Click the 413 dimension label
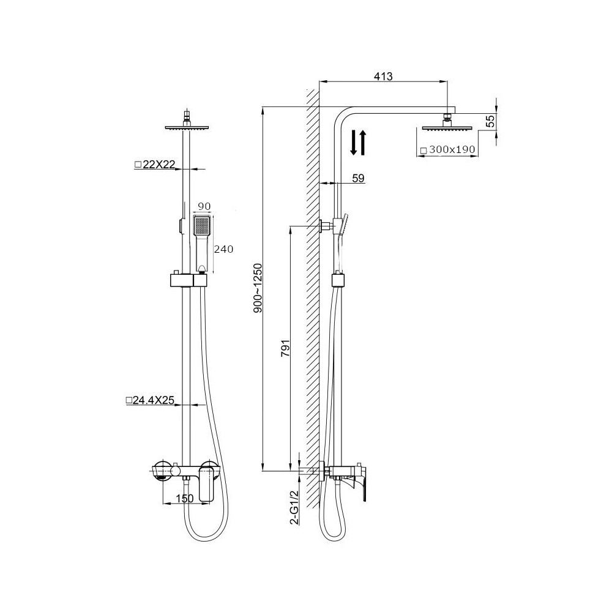click(x=383, y=76)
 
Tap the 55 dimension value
click(x=491, y=121)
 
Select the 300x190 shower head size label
click(x=448, y=149)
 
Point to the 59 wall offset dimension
click(x=358, y=178)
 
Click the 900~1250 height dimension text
click(x=258, y=288)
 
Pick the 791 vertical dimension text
click(x=285, y=349)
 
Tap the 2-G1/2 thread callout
click(x=295, y=507)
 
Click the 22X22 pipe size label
click(x=155, y=165)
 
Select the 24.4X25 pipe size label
click(x=150, y=400)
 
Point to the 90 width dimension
click(x=204, y=206)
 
